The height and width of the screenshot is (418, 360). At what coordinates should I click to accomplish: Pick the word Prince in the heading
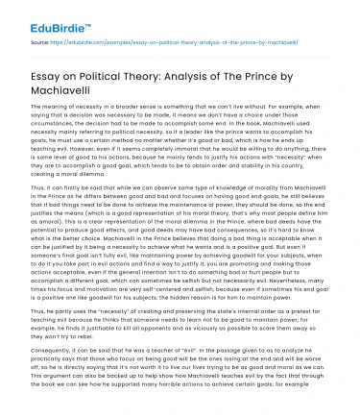tap(323, 69)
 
